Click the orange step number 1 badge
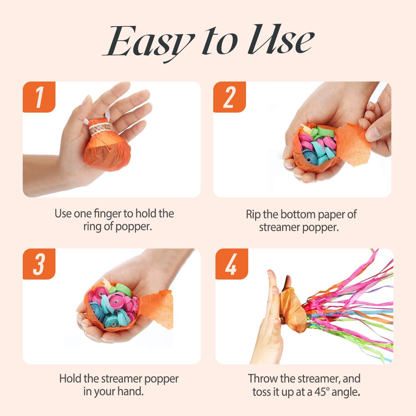[x=39, y=97]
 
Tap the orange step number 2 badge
[x=229, y=97]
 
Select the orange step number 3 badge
[x=39, y=264]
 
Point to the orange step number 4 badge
[x=231, y=264]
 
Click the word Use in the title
[x=280, y=42]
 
